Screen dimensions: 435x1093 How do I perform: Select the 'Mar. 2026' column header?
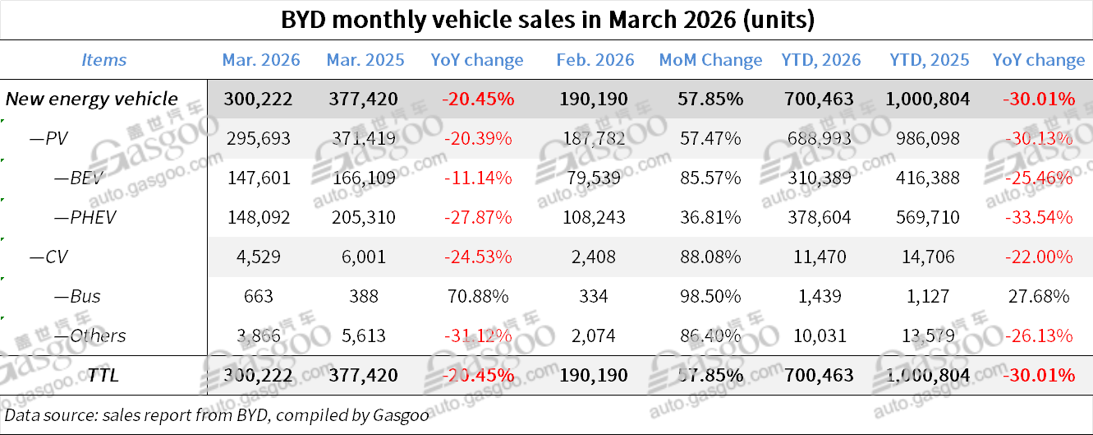click(261, 60)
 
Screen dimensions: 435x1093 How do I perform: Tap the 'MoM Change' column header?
click(710, 60)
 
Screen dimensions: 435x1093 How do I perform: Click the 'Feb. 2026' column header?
click(595, 60)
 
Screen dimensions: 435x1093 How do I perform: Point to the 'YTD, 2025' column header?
click(929, 60)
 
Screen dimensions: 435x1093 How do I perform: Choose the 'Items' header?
click(104, 60)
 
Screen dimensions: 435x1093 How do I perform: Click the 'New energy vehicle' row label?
click(92, 99)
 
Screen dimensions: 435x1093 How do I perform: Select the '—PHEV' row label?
click(85, 218)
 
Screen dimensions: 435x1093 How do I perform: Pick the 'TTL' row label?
click(103, 376)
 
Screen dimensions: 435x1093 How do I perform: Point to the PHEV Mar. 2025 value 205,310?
click(361, 218)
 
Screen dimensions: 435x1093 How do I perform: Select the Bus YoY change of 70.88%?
click(476, 296)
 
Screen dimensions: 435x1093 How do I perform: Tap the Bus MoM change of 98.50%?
click(710, 296)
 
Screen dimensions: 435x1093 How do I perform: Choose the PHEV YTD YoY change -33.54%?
click(1038, 218)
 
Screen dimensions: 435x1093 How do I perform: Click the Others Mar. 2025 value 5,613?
click(361, 336)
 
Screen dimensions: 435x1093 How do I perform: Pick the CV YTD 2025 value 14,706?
click(929, 257)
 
